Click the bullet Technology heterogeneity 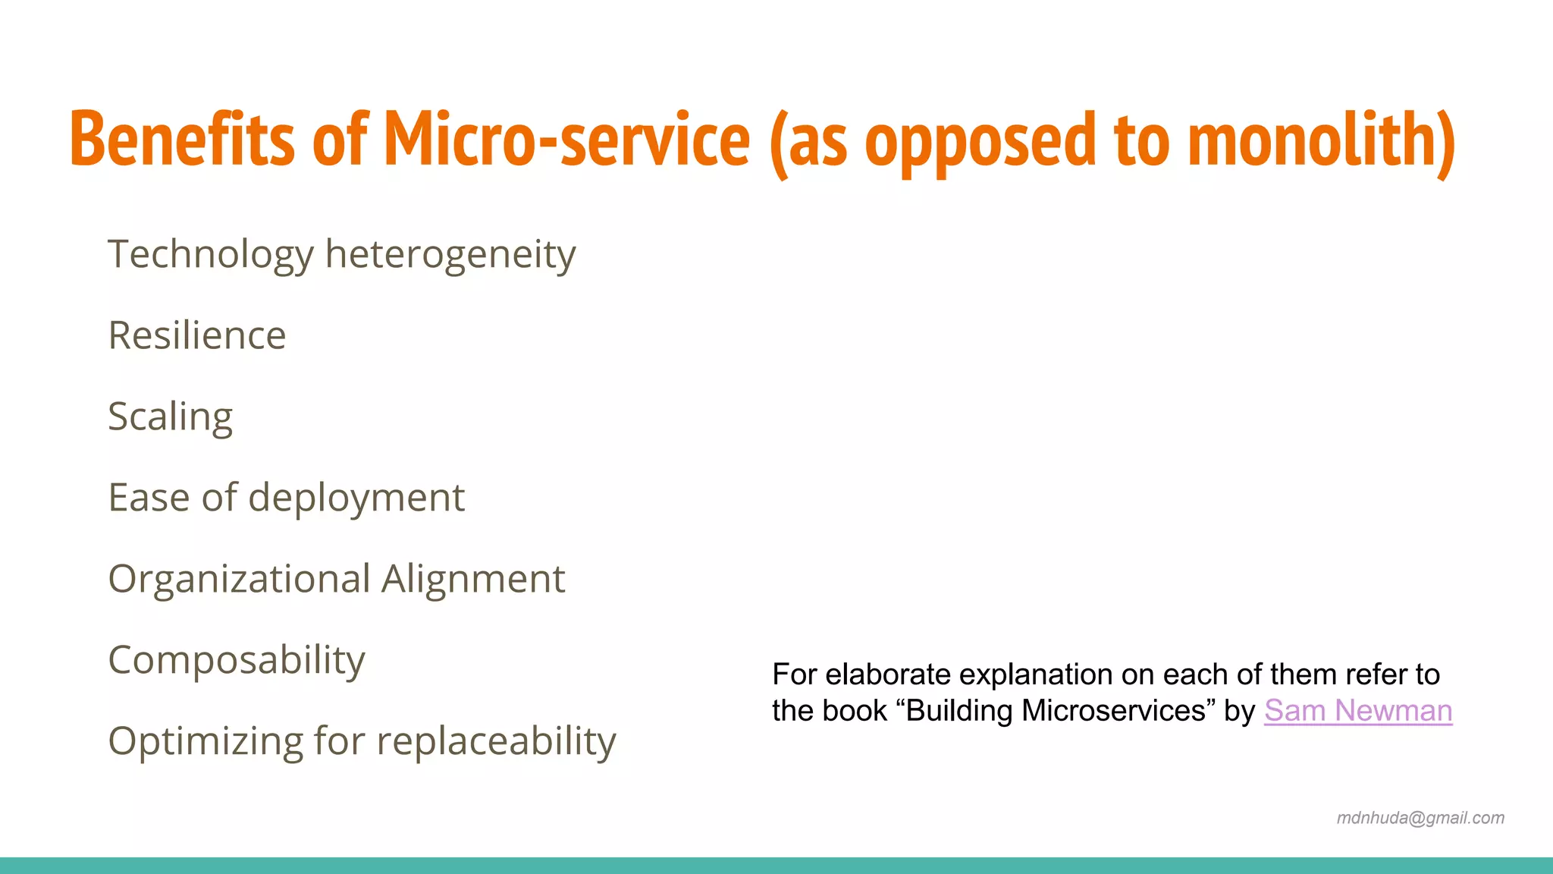coord(341,254)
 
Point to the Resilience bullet coord(197,335)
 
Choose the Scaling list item coord(170,417)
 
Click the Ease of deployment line coord(286,498)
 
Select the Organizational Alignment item coord(336,579)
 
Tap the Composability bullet coord(237,660)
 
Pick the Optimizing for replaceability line coord(362,741)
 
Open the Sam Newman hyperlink coord(1357,711)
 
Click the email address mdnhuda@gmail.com coord(1420,818)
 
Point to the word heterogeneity coord(450,254)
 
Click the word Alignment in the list coord(472,579)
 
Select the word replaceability coord(496,741)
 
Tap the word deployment coord(356,498)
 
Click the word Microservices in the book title coord(1113,711)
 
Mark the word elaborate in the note coord(888,674)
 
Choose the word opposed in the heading coord(980,140)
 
